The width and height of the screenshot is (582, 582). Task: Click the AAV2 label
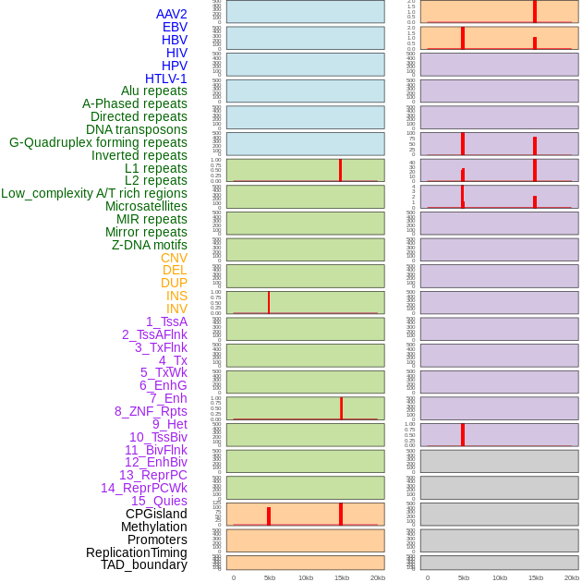(x=171, y=14)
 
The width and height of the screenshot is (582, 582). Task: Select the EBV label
(x=175, y=27)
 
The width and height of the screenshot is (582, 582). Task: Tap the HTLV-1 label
(x=165, y=79)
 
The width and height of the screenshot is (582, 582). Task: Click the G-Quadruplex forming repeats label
(x=98, y=142)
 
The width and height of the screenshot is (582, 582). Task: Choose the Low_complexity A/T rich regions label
(x=94, y=193)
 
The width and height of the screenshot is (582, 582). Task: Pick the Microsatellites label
(x=146, y=206)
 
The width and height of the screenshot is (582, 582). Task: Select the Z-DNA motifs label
(x=149, y=245)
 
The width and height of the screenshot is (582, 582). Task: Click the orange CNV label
(x=174, y=258)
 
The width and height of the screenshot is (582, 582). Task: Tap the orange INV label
(x=176, y=309)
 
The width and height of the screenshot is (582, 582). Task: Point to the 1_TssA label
(x=166, y=321)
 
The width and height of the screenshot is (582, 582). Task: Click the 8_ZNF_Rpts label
(x=151, y=411)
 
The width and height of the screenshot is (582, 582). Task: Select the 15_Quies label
(x=158, y=501)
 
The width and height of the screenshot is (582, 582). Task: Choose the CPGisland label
(x=156, y=514)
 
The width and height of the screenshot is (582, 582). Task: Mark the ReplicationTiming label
(x=136, y=552)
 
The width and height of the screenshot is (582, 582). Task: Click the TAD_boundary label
(x=143, y=564)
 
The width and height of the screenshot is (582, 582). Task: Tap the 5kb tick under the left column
(x=270, y=577)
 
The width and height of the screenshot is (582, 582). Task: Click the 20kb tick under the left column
(x=378, y=577)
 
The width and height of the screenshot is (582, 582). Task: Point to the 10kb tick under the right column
(x=500, y=577)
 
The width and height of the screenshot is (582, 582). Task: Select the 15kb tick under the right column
(x=536, y=577)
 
